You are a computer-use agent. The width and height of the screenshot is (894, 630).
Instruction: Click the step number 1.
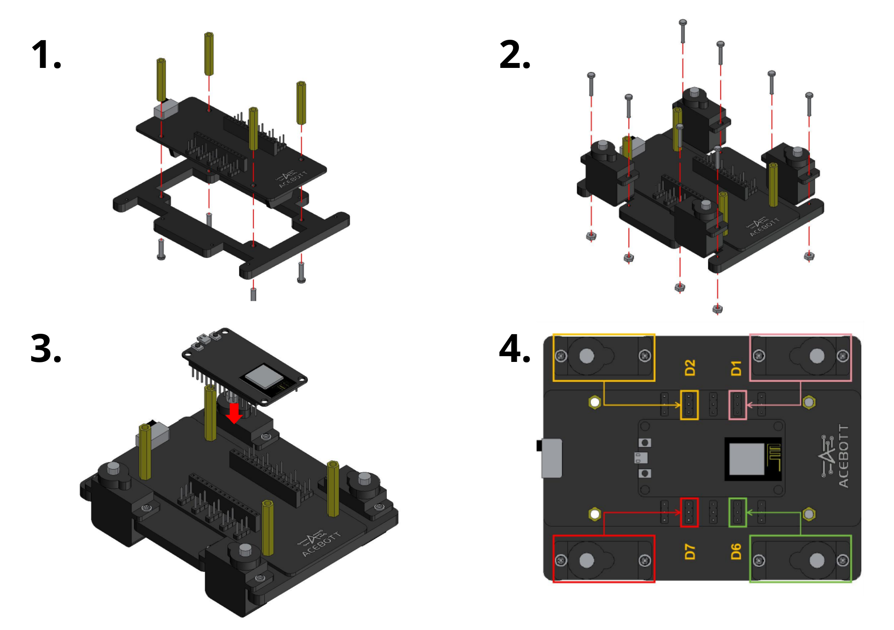coord(46,55)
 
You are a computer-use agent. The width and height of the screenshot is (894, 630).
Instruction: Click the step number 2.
coord(514,55)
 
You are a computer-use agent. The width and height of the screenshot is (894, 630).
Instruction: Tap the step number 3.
coord(46,349)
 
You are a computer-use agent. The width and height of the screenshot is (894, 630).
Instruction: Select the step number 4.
coord(514,349)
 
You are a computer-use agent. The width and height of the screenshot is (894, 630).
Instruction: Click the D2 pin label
coord(690,368)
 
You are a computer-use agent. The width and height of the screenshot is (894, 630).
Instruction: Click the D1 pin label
coord(736,368)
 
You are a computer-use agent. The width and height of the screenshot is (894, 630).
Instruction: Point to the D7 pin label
coord(690,552)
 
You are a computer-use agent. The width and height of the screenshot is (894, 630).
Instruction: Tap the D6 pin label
coord(736,552)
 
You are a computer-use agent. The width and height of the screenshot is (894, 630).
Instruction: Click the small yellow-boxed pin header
coord(689,405)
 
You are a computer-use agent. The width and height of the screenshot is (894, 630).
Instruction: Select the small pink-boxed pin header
coord(738,405)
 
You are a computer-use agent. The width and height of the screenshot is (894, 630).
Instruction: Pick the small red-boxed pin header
coord(689,512)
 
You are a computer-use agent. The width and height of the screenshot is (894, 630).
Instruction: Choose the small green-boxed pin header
coord(738,512)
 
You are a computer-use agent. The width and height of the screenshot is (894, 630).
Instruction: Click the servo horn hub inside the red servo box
coord(586,560)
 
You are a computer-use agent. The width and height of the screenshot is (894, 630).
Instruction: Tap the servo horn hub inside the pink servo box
coord(817,356)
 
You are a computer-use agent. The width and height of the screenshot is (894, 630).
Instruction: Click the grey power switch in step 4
coord(552,458)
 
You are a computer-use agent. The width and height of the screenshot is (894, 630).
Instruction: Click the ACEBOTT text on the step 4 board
coord(843,456)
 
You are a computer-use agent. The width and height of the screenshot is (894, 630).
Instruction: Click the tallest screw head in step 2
coord(683,22)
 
